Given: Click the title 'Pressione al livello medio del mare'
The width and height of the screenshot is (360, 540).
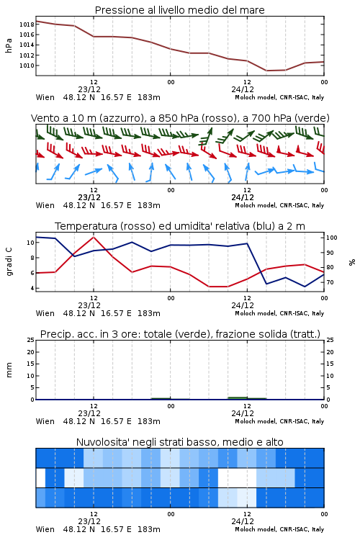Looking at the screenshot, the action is [x=179, y=10].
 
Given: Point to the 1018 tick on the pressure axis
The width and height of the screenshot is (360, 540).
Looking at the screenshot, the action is [x=27, y=24].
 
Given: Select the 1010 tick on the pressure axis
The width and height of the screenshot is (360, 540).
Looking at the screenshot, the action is [x=27, y=66].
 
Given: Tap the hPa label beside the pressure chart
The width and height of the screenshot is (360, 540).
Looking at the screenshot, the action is [x=9, y=45].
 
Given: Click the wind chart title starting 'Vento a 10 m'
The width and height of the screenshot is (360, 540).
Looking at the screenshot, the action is [x=180, y=118].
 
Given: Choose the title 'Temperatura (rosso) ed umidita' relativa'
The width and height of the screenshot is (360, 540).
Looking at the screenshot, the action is [x=180, y=226].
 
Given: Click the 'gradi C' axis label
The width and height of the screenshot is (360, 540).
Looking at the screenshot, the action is [x=9, y=261].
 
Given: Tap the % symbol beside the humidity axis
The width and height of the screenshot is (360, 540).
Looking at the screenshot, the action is [x=352, y=262].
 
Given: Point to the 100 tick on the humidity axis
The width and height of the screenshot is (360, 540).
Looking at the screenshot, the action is [x=332, y=238].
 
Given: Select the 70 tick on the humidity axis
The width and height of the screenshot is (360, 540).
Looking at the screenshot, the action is [x=330, y=282].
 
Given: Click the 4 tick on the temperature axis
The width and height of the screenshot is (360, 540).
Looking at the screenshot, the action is [x=32, y=288].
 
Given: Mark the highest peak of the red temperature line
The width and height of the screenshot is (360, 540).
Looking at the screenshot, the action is [x=94, y=237].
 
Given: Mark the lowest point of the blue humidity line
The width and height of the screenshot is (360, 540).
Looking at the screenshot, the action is [x=305, y=287].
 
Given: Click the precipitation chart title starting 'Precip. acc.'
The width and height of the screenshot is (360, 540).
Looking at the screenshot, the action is [x=180, y=334].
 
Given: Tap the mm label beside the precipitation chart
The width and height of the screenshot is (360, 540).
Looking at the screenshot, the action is [x=9, y=370].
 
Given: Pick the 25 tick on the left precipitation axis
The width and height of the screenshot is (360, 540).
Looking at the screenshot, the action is [x=30, y=340].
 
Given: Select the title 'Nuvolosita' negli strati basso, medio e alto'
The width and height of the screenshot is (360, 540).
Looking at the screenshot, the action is [x=179, y=442].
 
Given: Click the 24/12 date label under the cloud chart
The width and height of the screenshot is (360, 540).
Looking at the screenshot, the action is [x=243, y=521].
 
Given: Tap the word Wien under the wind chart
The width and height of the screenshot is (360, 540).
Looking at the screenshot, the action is [x=45, y=206].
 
